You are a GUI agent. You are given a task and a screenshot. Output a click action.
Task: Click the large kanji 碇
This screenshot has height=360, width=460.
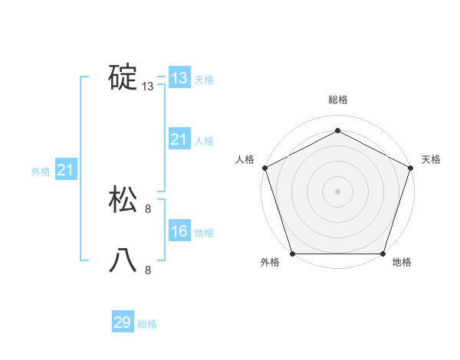click(x=123, y=77)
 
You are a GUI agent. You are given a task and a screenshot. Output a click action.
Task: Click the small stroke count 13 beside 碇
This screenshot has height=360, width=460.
click(x=148, y=87)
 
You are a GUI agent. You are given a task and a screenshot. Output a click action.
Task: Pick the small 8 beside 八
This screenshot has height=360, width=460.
click(x=148, y=270)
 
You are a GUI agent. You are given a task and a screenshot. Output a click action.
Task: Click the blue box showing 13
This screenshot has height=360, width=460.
click(x=179, y=78)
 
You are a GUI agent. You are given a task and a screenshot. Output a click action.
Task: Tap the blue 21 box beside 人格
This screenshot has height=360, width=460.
click(x=179, y=139)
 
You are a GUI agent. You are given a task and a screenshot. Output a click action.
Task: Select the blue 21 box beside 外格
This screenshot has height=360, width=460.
click(x=65, y=170)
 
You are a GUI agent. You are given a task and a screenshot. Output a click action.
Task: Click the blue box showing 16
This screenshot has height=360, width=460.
click(x=179, y=231)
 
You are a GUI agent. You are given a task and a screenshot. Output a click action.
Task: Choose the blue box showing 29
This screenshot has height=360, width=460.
click(x=122, y=322)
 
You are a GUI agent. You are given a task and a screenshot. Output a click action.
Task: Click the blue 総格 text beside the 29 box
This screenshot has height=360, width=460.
click(x=147, y=324)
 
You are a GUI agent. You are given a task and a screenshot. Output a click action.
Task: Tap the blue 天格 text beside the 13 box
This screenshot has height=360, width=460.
click(x=204, y=80)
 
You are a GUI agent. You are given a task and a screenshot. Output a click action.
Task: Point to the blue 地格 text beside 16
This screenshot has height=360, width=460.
click(x=204, y=233)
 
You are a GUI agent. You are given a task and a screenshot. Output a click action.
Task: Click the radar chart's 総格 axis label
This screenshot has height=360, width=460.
click(x=337, y=100)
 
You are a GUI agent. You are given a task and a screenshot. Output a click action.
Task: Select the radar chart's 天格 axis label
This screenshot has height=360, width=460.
click(x=431, y=159)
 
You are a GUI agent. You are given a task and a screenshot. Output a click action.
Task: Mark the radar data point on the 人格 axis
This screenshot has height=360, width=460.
click(x=264, y=168)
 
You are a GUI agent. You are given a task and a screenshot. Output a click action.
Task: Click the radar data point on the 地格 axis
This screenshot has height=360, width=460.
click(x=383, y=254)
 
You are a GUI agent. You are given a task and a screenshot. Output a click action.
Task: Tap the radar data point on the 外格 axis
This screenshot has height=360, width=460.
click(x=292, y=254)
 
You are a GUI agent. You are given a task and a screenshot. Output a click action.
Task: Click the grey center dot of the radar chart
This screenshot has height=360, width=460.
click(x=337, y=191)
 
